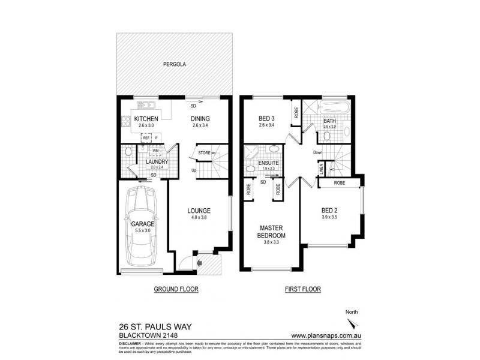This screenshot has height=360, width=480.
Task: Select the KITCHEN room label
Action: (x=146, y=119)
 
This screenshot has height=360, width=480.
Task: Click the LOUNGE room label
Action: (x=198, y=211)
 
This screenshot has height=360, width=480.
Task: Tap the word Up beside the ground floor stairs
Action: (x=194, y=170)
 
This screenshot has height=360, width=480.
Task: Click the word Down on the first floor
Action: (x=319, y=152)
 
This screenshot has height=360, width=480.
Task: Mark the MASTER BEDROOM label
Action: (x=271, y=232)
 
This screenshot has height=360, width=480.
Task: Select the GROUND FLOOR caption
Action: (x=176, y=289)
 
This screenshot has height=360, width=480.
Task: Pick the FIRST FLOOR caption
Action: (x=302, y=289)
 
